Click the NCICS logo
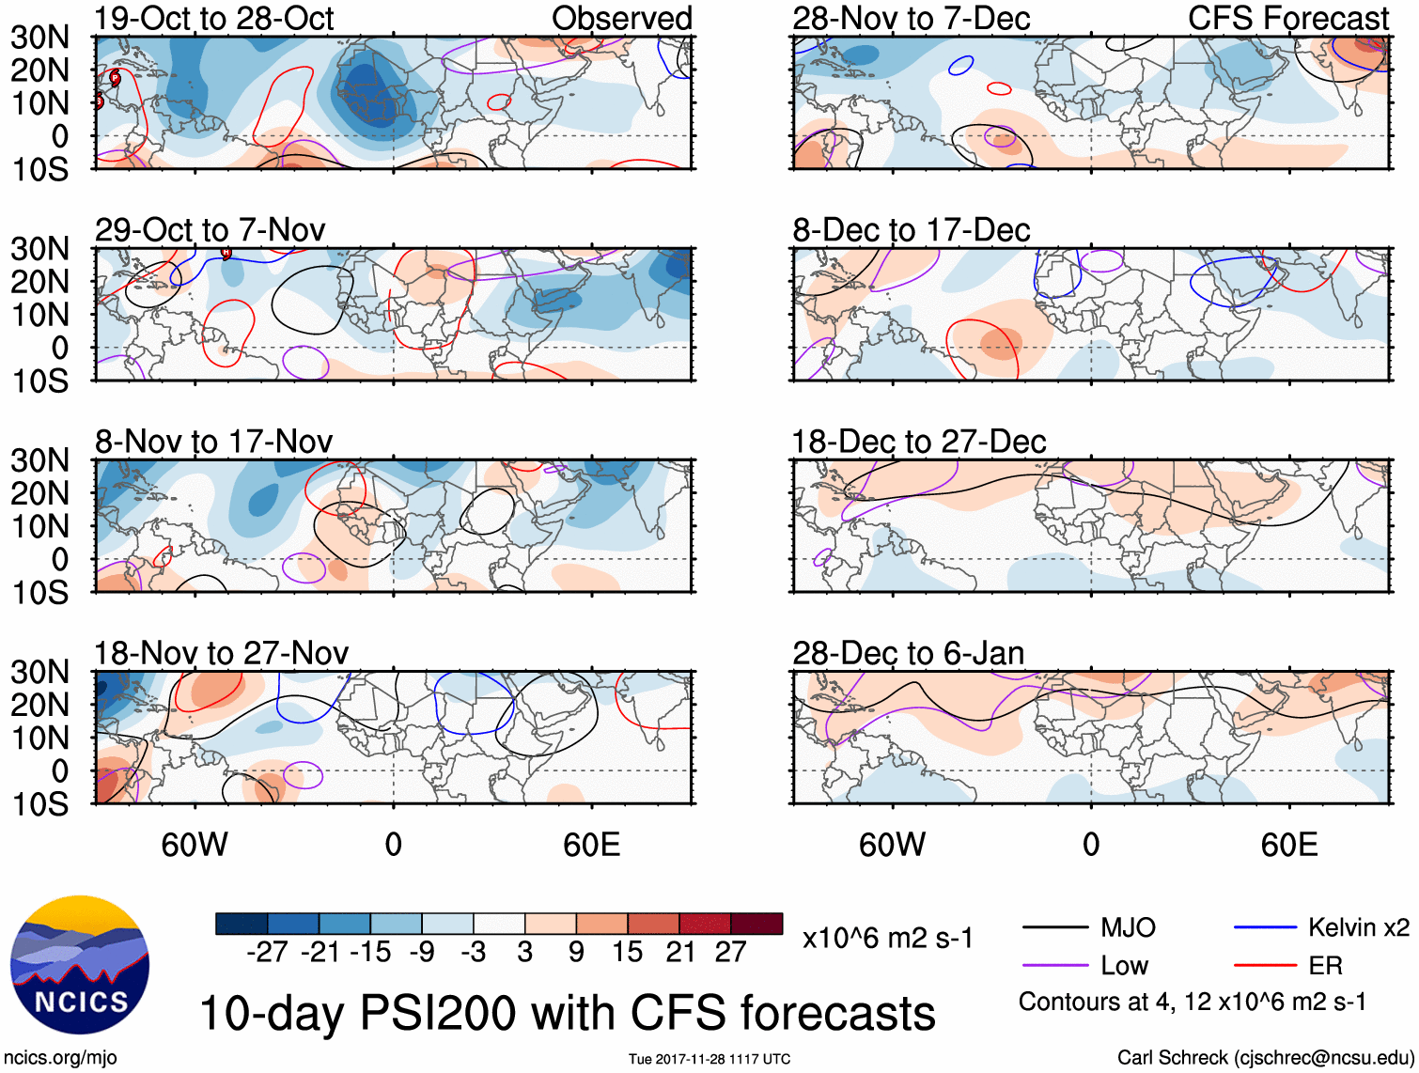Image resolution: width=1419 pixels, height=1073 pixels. coord(79,965)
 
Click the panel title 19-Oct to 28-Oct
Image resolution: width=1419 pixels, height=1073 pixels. coord(213,19)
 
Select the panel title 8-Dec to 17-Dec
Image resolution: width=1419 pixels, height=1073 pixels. coord(911,230)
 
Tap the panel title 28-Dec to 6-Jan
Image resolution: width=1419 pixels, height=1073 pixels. coord(908,653)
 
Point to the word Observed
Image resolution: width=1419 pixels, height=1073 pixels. coord(621,19)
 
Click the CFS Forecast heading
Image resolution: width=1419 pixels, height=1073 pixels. coord(1287,19)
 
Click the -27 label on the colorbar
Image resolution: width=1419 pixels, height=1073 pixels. coord(267,953)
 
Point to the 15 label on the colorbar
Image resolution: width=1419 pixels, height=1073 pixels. coord(628,953)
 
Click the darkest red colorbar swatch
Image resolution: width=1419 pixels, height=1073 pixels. coord(756,924)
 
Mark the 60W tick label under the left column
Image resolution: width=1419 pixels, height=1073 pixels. coord(195,845)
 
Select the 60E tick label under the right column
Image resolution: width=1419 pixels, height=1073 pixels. coord(1288,845)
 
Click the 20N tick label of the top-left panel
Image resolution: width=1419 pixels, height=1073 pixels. coord(39,70)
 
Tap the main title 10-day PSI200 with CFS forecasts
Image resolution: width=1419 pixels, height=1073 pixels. coord(567,1014)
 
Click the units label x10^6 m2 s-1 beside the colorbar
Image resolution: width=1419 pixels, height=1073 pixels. coord(887,939)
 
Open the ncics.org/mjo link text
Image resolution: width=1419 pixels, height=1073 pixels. coord(60,1058)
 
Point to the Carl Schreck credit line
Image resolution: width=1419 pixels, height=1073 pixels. coord(1265,1058)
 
